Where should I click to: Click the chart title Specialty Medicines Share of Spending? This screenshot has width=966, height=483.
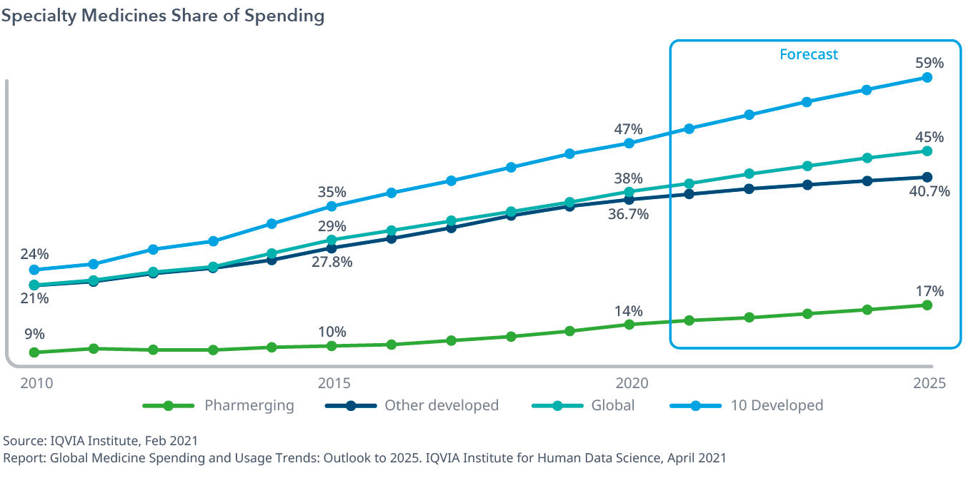coord(163,16)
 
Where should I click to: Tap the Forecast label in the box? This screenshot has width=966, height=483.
coord(808,54)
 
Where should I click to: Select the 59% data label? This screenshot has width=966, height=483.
coord(929,63)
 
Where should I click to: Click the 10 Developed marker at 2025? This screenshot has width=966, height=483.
coord(927,77)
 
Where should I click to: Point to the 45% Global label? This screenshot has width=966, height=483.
coord(929,137)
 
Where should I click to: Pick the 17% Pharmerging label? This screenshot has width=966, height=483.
coord(929,291)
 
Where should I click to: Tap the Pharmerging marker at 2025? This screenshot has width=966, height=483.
coord(927,305)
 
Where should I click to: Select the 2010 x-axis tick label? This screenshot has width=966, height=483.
coord(37,383)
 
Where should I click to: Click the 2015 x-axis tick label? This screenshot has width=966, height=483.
coord(332,383)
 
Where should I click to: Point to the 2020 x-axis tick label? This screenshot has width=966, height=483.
coord(631,383)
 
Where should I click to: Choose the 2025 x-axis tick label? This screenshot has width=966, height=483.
coord(928,383)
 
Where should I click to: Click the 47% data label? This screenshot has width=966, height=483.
coord(628,129)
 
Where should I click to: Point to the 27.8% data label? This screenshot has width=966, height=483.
coord(332,262)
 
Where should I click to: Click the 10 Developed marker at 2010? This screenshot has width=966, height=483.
coord(34,270)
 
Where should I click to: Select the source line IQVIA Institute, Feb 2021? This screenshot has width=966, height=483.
coord(101,440)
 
